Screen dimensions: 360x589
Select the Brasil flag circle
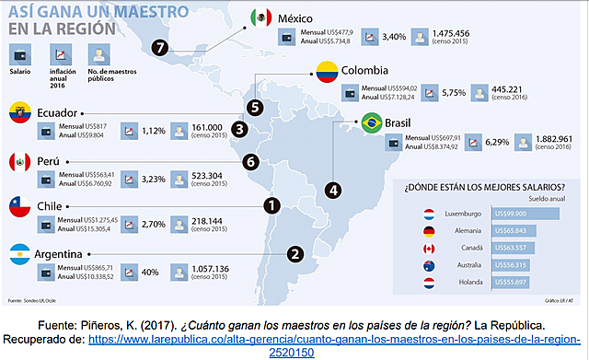tap(371, 122)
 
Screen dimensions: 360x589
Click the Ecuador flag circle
tap(20, 115)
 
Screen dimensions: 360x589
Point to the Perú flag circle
tap(20, 162)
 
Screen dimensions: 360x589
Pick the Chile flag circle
tap(20, 206)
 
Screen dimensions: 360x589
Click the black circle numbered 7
tap(161, 48)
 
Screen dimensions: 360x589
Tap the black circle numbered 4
tap(332, 191)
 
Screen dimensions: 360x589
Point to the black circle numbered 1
tap(271, 206)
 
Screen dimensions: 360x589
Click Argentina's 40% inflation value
tap(150, 273)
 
